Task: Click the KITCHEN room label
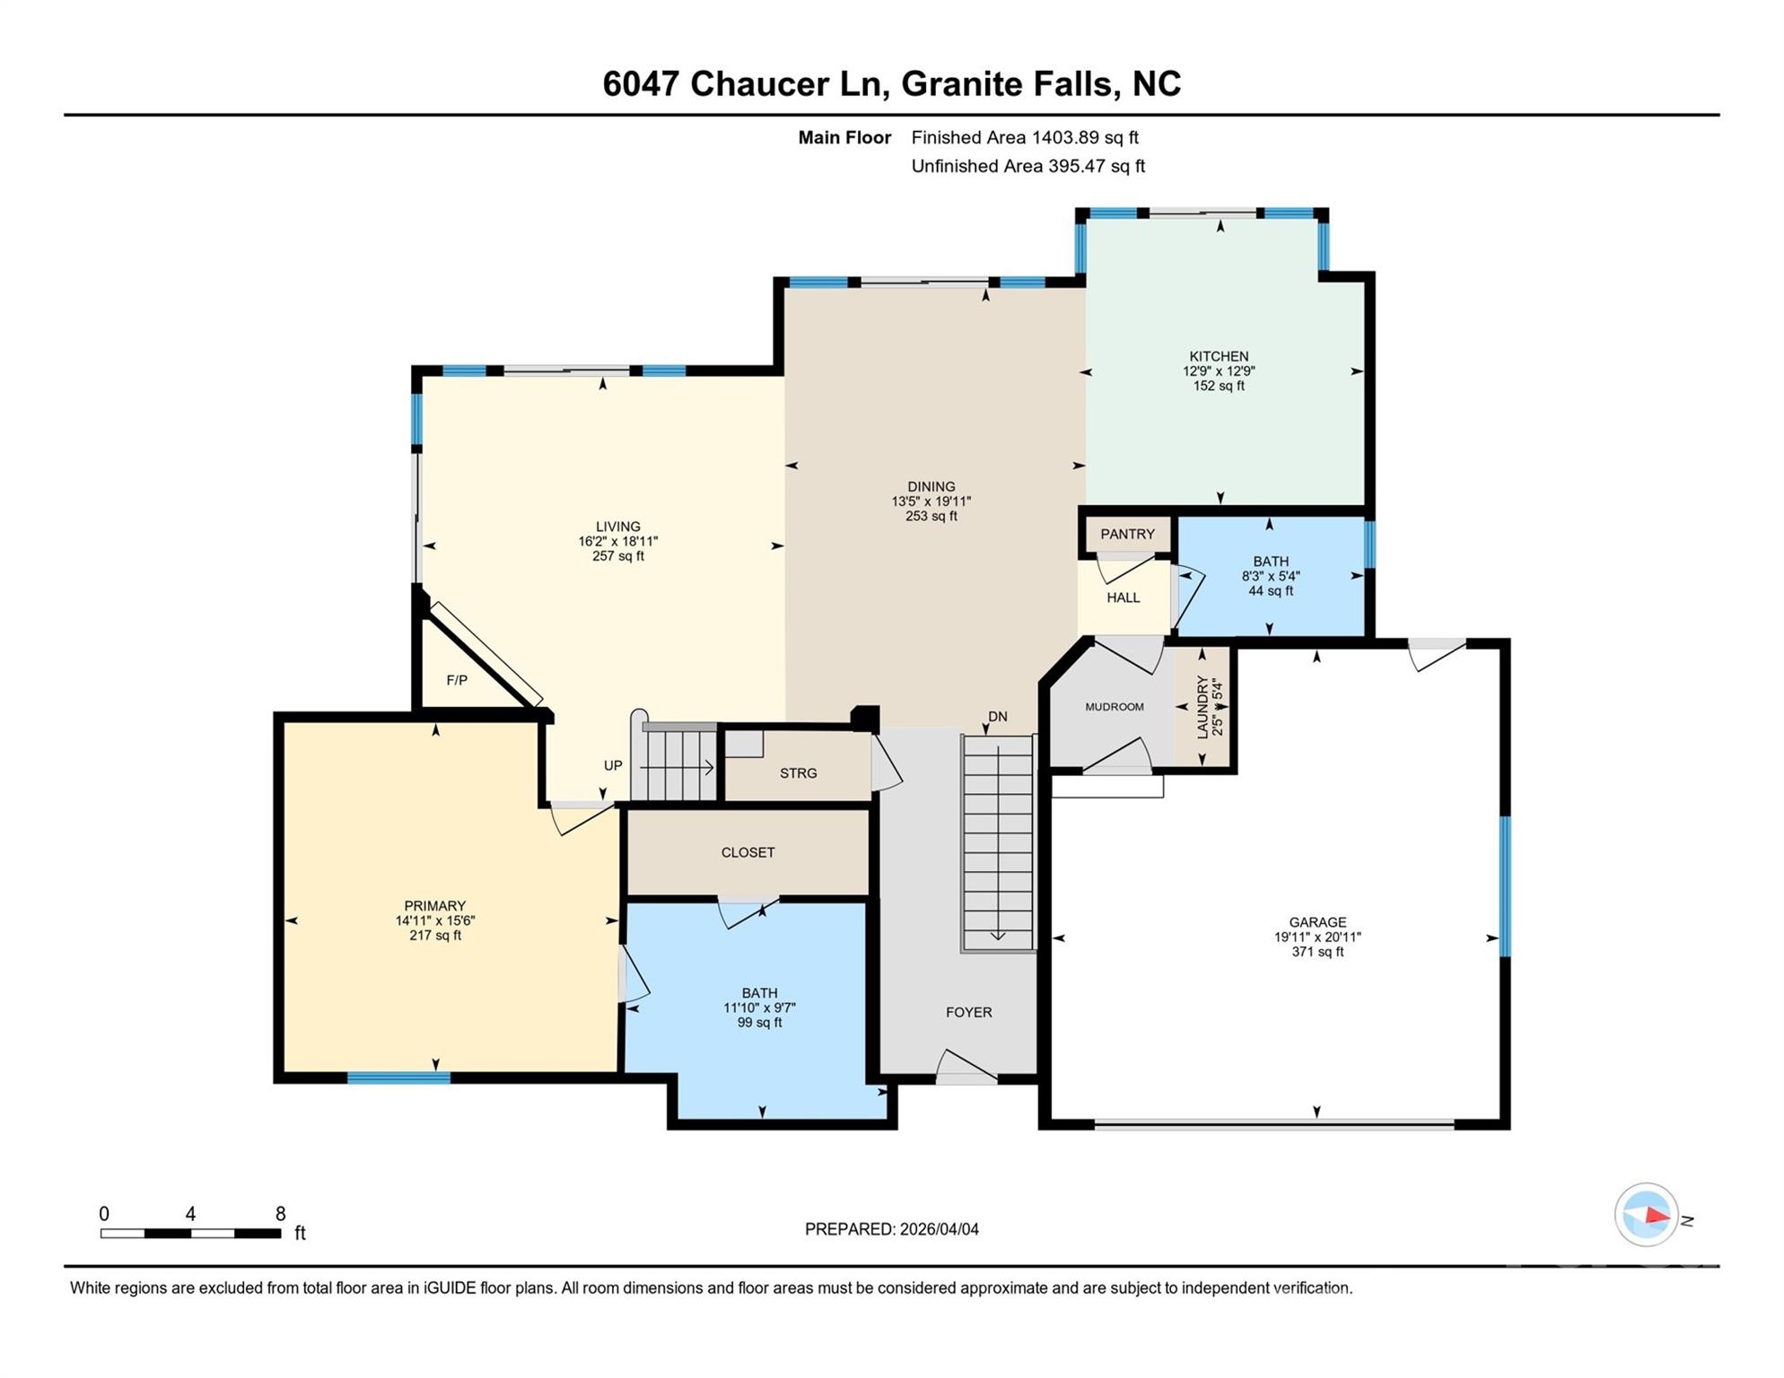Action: click(1218, 356)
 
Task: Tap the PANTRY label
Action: click(1127, 534)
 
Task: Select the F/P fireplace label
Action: click(457, 680)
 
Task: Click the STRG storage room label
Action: click(798, 772)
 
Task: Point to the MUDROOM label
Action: click(1114, 707)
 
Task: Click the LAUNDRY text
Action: click(1202, 707)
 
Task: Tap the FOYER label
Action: click(968, 1012)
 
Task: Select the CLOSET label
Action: click(748, 852)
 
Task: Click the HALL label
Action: click(1123, 597)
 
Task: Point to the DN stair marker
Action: click(997, 717)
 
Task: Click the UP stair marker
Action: click(613, 765)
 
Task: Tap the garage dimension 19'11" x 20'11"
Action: click(1316, 937)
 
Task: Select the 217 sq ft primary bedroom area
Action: click(435, 935)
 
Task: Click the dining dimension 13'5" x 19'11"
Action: click(931, 501)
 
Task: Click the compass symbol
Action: click(1647, 1215)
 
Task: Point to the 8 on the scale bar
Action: click(280, 1214)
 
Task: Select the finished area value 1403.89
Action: click(1064, 137)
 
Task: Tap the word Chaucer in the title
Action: click(759, 83)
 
